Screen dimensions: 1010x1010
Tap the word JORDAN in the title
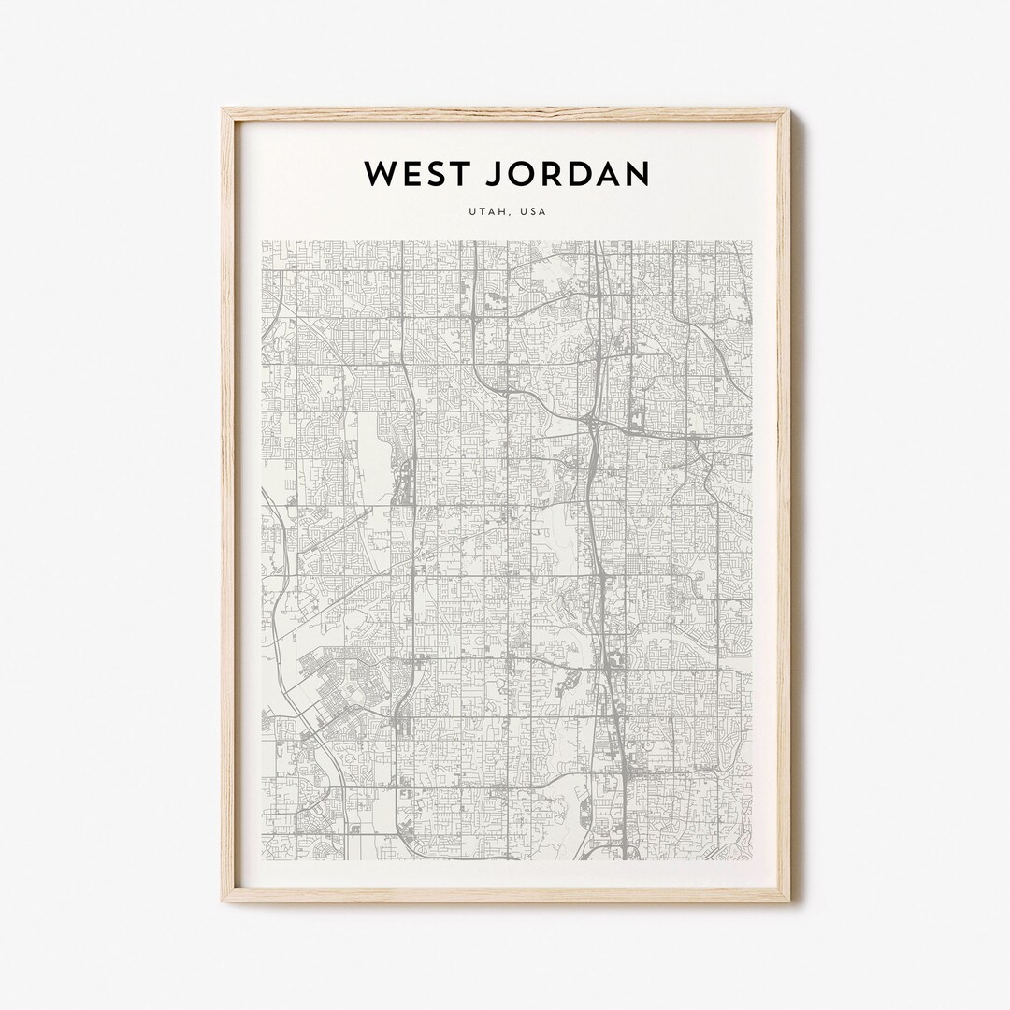pos(564,173)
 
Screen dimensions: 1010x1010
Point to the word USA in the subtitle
pos(534,212)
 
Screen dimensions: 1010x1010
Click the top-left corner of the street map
pos(262,241)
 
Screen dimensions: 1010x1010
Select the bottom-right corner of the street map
pos(752,860)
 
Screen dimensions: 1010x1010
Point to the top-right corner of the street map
pos(752,241)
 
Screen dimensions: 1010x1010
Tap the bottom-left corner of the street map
pos(262,860)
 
